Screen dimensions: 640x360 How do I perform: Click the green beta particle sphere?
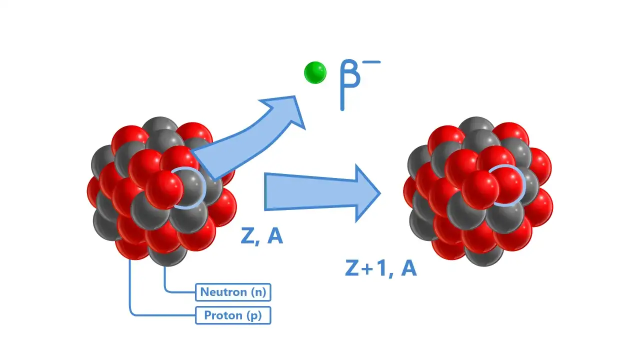click(x=315, y=72)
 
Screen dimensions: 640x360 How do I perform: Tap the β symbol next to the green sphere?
click(x=349, y=85)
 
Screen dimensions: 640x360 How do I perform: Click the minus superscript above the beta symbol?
click(x=371, y=61)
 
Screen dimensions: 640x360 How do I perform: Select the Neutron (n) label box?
click(x=233, y=292)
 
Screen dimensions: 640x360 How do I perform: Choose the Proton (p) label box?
click(x=233, y=315)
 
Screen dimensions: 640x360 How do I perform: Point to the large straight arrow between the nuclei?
click(x=322, y=193)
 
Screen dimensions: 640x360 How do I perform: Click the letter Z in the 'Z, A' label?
click(x=247, y=236)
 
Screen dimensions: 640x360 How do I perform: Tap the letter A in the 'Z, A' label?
click(x=275, y=236)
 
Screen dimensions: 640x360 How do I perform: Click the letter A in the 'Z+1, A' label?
click(x=408, y=268)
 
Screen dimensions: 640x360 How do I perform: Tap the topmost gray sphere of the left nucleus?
click(x=160, y=125)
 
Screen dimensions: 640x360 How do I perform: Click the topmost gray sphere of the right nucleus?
click(x=476, y=125)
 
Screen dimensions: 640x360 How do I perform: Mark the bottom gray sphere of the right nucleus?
click(x=483, y=255)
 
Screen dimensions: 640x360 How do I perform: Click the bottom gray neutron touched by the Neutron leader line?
click(x=167, y=255)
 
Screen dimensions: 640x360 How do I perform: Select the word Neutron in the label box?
click(x=223, y=292)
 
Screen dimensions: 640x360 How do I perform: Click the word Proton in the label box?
click(x=223, y=315)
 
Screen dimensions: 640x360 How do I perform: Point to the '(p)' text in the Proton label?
click(x=253, y=316)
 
